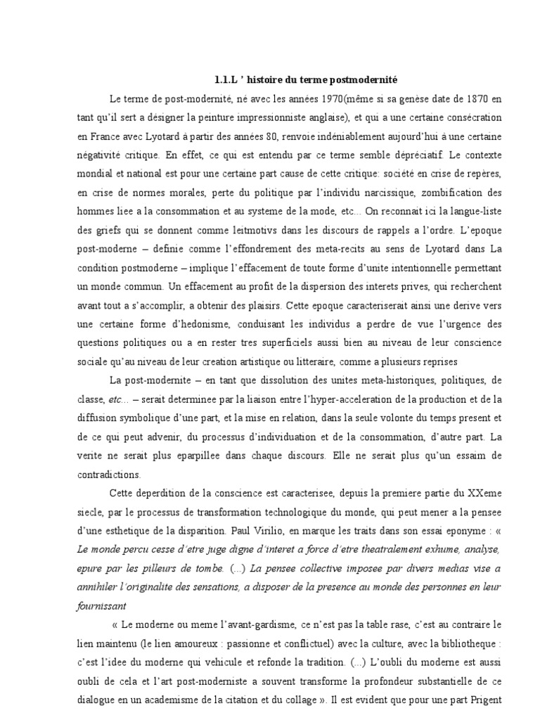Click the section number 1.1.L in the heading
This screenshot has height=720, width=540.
(x=228, y=79)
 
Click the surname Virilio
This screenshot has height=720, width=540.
(x=320, y=528)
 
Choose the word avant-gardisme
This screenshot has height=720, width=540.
(x=257, y=624)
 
